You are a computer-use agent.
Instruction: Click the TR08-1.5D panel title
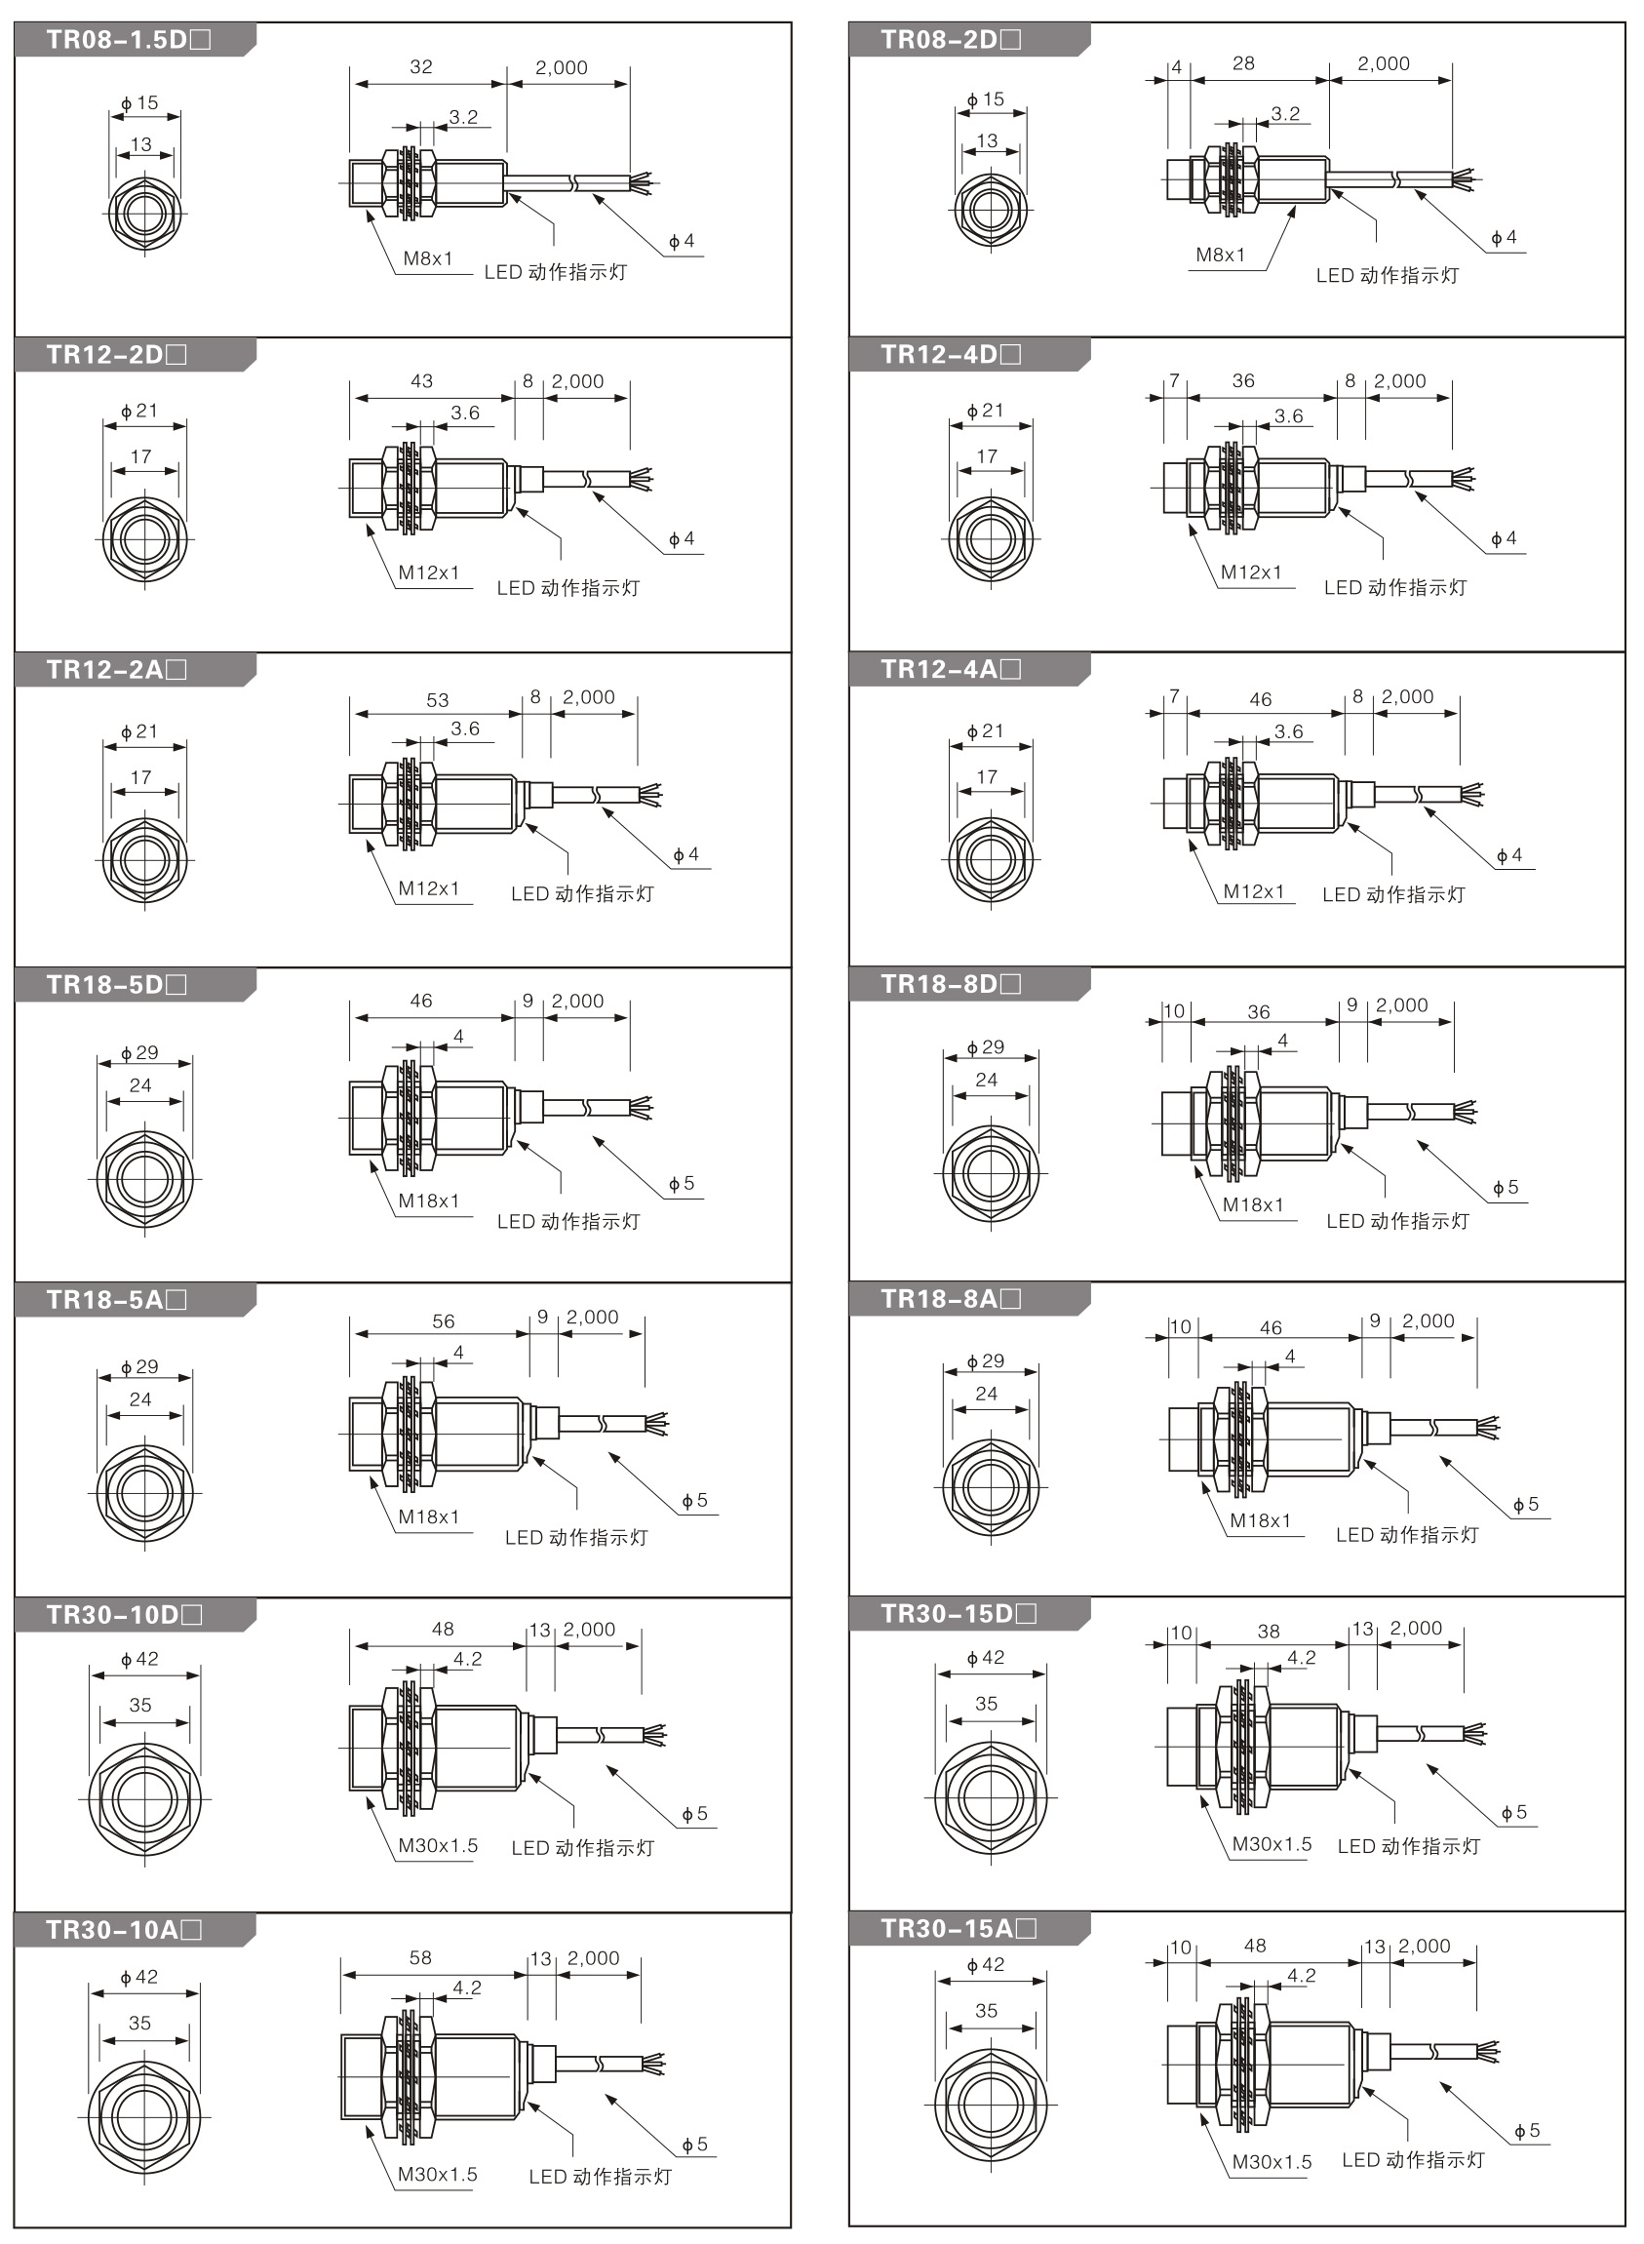(129, 40)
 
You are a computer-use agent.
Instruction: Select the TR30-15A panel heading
(959, 1929)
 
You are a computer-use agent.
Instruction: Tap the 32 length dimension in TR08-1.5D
(421, 66)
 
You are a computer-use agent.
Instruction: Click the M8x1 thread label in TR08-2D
(1220, 255)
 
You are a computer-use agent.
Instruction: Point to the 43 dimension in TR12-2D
(421, 381)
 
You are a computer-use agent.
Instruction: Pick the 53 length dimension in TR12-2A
(437, 700)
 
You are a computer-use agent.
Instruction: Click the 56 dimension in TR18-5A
(443, 1321)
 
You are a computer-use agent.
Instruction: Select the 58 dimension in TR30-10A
(420, 1957)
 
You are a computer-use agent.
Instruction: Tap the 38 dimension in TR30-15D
(1268, 1631)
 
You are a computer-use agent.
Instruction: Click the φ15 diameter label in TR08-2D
(985, 99)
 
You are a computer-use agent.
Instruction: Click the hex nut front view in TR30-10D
(144, 1799)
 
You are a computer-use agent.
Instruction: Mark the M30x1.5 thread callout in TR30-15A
(1271, 2161)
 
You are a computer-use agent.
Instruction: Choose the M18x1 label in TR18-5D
(429, 1201)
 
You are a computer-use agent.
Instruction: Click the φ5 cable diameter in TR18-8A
(1526, 1504)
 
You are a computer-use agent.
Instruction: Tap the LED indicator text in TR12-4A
(1393, 894)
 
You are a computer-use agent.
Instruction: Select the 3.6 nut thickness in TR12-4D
(1288, 416)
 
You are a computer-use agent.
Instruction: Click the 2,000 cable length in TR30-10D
(589, 1629)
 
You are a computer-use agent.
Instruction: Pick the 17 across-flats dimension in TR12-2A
(140, 777)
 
